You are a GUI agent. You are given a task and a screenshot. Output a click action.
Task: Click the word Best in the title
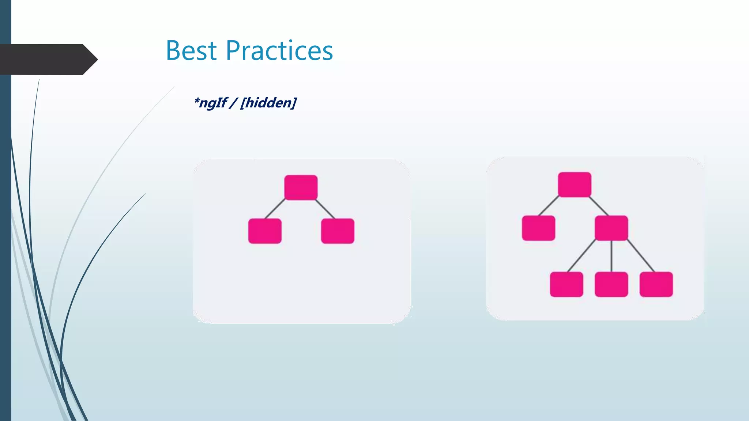coord(191,50)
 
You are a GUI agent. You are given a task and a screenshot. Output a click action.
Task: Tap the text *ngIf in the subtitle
coord(211,103)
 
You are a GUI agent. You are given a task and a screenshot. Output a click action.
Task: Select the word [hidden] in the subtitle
coord(268,103)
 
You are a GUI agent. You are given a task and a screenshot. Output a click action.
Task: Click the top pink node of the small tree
coord(301,187)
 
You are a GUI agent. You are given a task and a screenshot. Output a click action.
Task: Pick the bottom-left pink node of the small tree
coord(265,231)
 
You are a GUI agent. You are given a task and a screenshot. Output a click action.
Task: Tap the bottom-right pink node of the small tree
coord(338,231)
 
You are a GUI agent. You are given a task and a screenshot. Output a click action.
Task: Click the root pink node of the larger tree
coord(575,185)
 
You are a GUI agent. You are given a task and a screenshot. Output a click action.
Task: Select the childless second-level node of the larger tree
coord(538,228)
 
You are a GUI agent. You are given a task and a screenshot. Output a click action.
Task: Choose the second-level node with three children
coord(611,228)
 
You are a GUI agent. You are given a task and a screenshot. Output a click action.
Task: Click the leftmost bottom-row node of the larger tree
coord(567,284)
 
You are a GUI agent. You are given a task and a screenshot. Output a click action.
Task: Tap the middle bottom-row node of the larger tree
coord(611,284)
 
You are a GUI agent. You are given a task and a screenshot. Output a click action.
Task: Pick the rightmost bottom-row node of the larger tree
coord(656,284)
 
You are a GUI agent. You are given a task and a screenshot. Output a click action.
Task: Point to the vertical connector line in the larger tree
coord(611,256)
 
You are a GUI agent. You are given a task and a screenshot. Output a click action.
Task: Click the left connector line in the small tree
coord(275,209)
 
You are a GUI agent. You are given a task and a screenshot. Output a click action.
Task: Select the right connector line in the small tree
coord(325,209)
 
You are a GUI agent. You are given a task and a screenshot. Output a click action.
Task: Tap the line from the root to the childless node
coord(549,206)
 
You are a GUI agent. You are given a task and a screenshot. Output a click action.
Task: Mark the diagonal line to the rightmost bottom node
coord(641,256)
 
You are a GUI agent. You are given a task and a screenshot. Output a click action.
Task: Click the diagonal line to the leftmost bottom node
coord(581,256)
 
